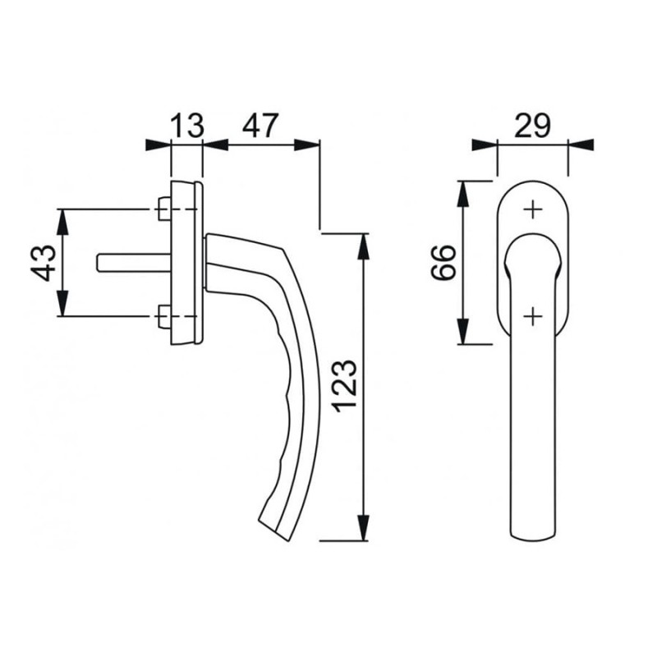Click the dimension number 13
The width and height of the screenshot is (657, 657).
click(x=188, y=125)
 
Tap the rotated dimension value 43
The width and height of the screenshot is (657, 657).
click(x=44, y=263)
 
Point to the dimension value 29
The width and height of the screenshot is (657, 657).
click(x=532, y=125)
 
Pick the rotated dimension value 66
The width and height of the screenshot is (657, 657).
click(x=443, y=263)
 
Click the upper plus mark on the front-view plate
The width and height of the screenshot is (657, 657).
click(x=533, y=209)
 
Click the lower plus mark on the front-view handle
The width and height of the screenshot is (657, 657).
click(x=533, y=316)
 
